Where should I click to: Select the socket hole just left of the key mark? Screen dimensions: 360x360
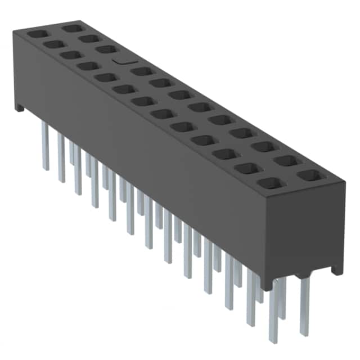[x=106, y=49]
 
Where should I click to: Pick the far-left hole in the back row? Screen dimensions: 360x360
[x=71, y=28]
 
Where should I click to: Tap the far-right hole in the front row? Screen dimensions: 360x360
[x=271, y=183]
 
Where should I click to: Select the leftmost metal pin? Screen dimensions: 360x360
[x=45, y=146]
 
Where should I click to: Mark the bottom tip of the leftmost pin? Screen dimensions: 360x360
[x=46, y=168]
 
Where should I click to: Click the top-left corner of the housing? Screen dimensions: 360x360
[x=15, y=33]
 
